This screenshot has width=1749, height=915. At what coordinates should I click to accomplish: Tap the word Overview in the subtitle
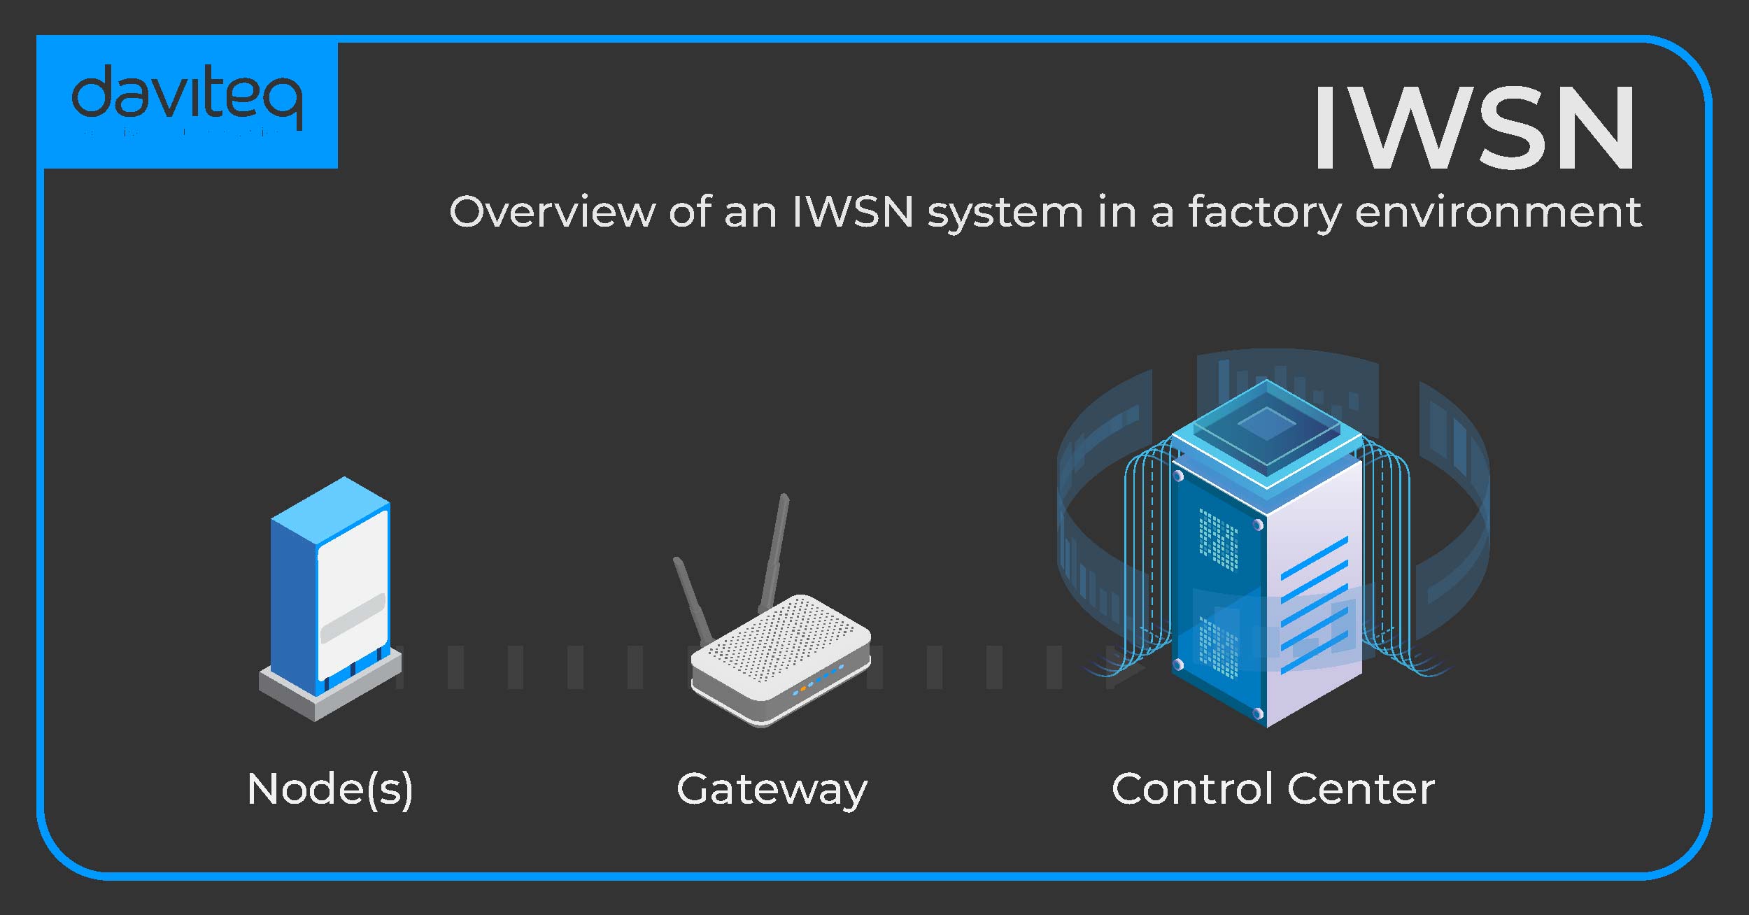[552, 212]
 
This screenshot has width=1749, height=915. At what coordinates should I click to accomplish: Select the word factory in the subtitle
[1264, 212]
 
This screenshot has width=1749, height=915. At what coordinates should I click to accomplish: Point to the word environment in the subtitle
[1498, 212]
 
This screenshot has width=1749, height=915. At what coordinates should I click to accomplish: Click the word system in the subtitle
[1005, 212]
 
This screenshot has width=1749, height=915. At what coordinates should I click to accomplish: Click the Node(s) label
[330, 789]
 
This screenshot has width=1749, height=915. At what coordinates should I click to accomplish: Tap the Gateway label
[772, 789]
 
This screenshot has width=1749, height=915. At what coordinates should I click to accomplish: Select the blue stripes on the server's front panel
[1314, 602]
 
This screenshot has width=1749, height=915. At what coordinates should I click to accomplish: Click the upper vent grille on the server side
[1218, 539]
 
